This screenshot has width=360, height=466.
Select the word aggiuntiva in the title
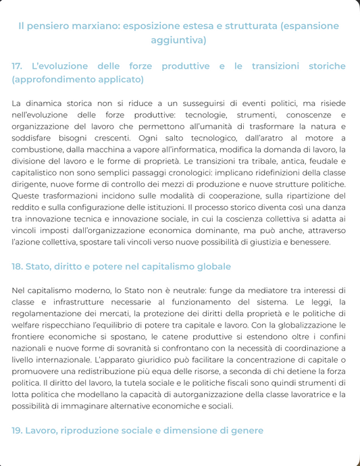pos(180,40)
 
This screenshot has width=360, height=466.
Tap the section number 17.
pos(18,66)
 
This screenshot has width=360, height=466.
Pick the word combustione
pos(38,149)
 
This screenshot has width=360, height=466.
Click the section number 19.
pos(18,430)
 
